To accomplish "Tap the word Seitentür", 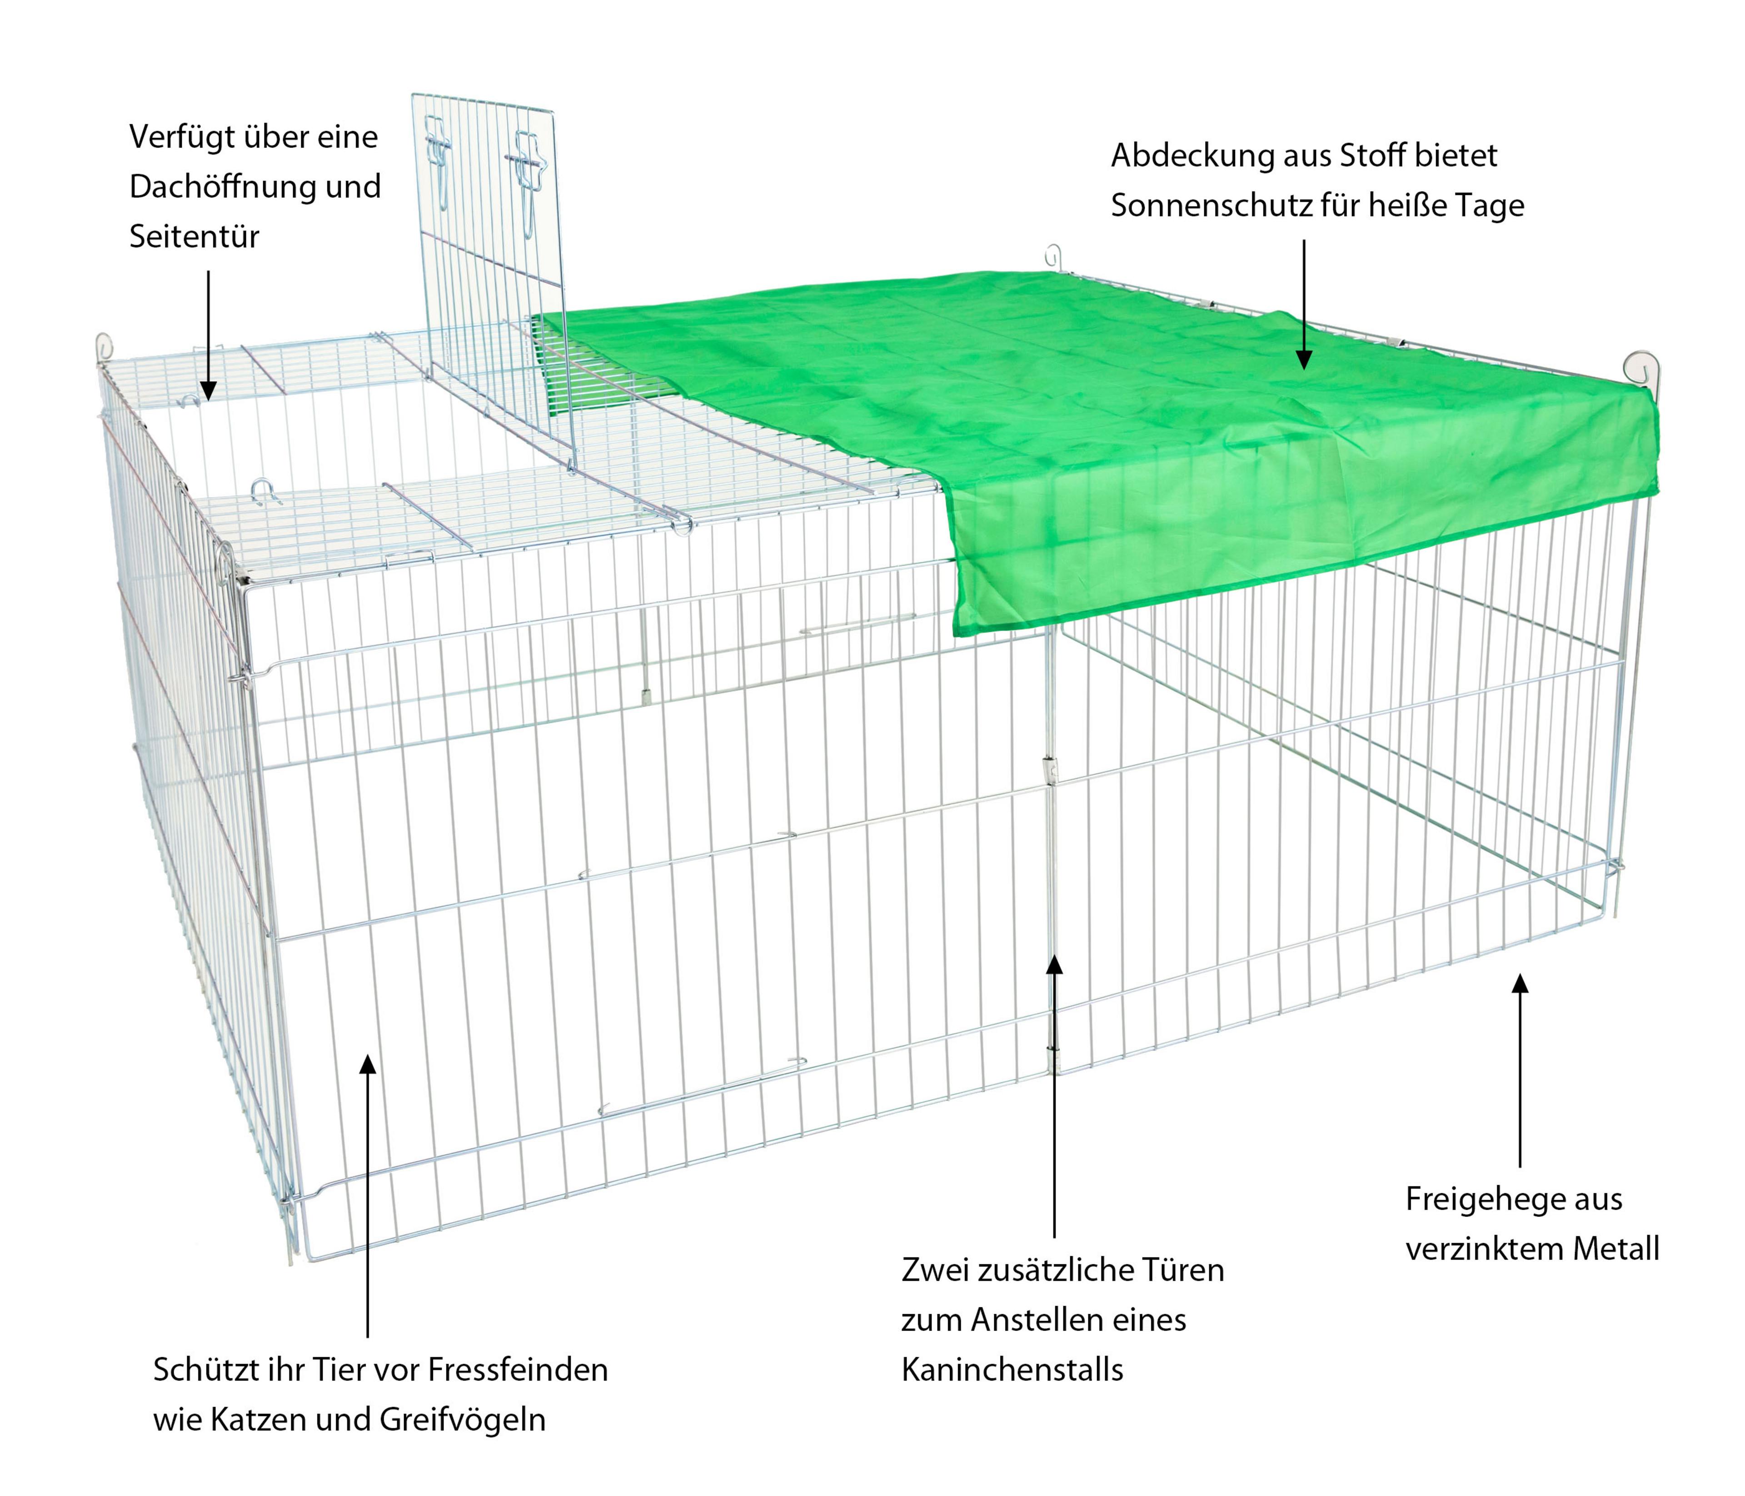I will [194, 237].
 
